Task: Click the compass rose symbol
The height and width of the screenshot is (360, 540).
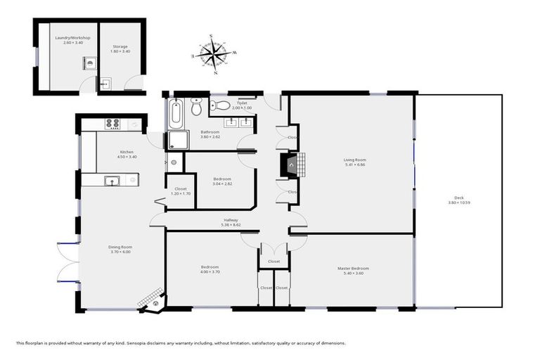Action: [x=216, y=54]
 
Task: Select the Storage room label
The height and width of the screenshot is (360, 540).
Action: [x=120, y=47]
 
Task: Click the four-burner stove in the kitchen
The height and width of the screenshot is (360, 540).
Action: [x=112, y=124]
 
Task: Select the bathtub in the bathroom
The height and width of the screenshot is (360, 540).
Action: [x=176, y=111]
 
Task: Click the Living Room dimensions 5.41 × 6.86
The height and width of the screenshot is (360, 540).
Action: [x=355, y=165]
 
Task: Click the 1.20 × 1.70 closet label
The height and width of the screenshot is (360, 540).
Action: [x=181, y=193]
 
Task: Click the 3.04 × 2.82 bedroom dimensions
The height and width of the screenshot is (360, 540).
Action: [x=222, y=184]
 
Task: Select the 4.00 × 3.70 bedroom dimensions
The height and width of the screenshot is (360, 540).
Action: [x=210, y=272]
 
